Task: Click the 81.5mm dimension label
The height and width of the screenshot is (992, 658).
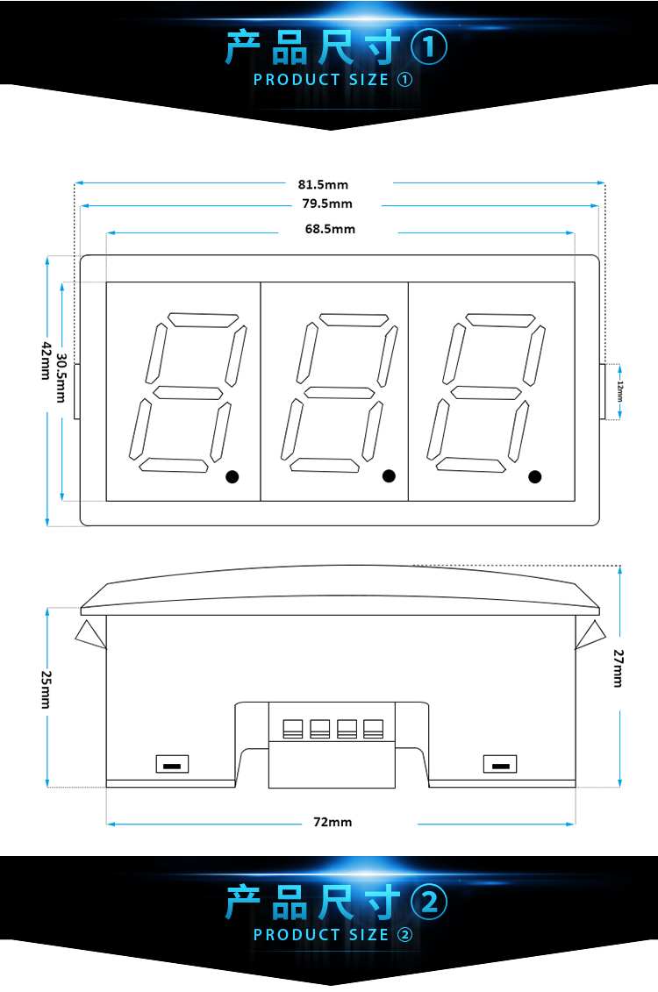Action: point(323,185)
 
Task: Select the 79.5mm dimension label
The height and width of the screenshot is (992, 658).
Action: point(327,203)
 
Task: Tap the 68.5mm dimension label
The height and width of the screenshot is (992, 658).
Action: point(330,229)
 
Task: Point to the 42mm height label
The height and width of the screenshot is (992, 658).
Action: point(46,360)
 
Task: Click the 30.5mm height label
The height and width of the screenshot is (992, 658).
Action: point(61,378)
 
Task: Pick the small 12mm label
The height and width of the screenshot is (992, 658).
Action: point(620,391)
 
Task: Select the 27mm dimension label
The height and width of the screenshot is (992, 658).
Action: point(619,668)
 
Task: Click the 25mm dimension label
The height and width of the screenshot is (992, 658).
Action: point(46,689)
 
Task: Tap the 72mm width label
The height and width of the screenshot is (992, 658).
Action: point(333,822)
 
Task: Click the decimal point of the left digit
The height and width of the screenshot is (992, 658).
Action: point(232,476)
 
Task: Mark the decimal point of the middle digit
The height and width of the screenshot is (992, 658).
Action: point(390,475)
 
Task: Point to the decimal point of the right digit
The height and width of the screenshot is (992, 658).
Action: point(534,476)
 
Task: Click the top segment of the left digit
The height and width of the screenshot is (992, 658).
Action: point(203,320)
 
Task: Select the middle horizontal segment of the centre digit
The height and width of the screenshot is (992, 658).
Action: point(340,392)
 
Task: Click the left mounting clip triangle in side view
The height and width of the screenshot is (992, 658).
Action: point(90,634)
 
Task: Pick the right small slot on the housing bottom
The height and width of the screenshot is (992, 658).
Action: point(500,765)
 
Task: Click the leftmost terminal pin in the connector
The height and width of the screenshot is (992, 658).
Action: point(292,729)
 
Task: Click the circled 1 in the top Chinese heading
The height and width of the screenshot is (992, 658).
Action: point(429,47)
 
